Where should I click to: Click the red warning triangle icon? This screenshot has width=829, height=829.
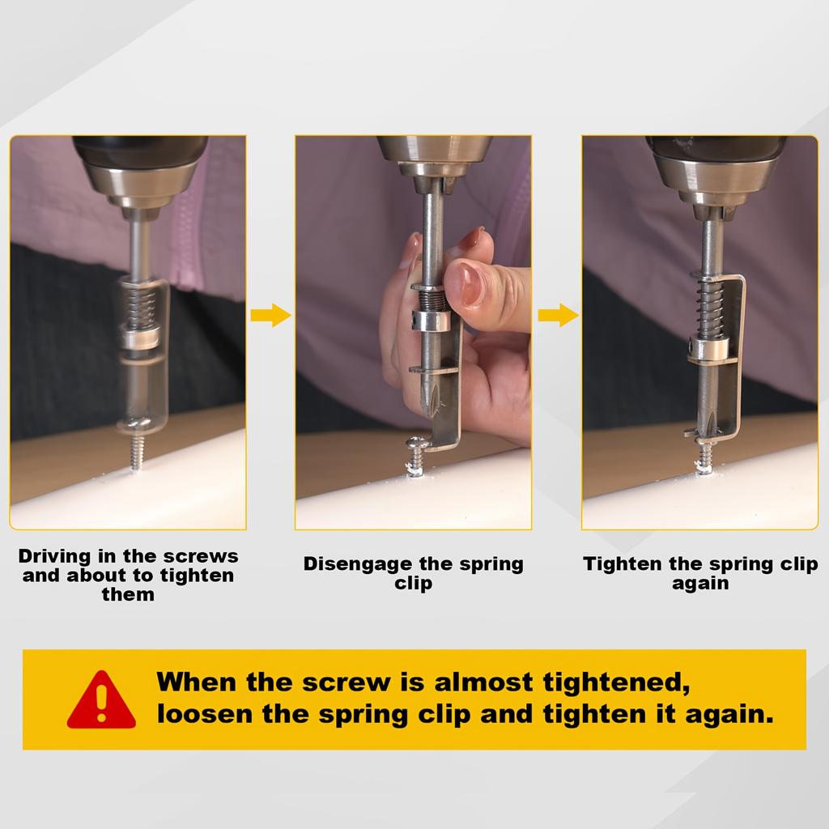(101, 700)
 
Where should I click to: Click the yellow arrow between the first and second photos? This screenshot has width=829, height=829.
(270, 316)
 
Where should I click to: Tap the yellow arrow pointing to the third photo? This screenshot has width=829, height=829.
(559, 316)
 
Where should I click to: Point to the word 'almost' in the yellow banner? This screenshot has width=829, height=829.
(483, 682)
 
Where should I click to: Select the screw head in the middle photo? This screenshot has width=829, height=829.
(418, 443)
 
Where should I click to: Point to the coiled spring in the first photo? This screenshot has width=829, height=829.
(142, 308)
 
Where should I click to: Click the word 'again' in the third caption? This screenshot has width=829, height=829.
(700, 585)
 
